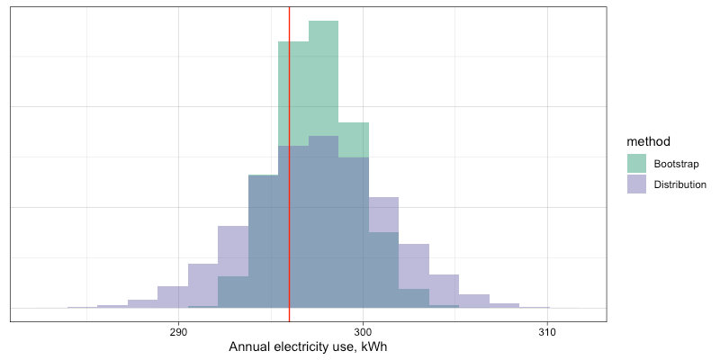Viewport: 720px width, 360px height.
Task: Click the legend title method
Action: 648,141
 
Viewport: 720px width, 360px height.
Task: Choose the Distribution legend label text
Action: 679,184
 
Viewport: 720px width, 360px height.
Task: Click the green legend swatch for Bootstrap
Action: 637,163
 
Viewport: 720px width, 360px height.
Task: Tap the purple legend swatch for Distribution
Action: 637,184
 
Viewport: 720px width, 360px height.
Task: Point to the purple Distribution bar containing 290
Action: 173,297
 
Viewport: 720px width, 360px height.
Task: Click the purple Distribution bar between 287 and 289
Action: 142,303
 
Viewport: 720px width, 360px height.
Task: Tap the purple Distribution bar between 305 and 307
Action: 473,301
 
